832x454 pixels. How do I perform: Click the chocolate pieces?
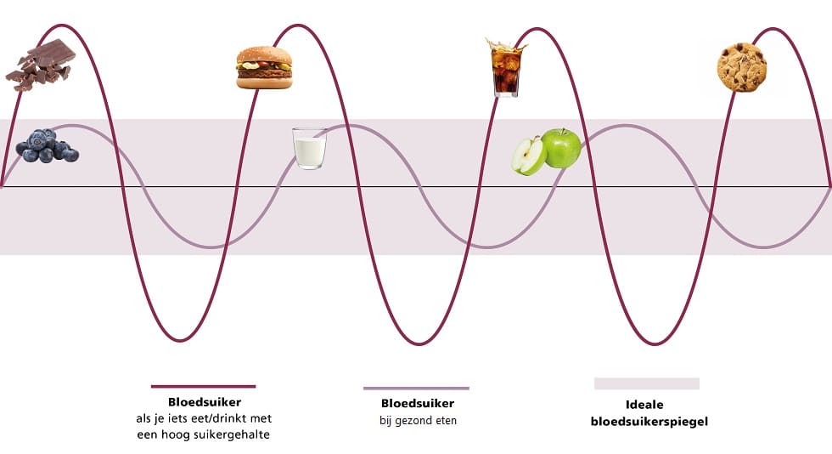pyautogui.click(x=41, y=65)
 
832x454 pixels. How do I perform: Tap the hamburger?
pyautogui.click(x=264, y=67)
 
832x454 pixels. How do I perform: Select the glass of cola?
pyautogui.click(x=506, y=68)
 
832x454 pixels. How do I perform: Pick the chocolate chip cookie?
pyautogui.click(x=742, y=67)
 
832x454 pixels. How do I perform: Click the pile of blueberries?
pyautogui.click(x=47, y=145)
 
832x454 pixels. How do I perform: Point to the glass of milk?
pyautogui.click(x=310, y=148)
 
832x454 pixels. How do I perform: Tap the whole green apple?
pyautogui.click(x=561, y=148)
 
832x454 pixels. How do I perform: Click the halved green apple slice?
pyautogui.click(x=528, y=156)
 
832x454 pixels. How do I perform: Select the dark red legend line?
pyautogui.click(x=203, y=387)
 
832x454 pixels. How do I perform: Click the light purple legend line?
pyautogui.click(x=417, y=388)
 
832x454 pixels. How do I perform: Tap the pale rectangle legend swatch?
pyautogui.click(x=647, y=383)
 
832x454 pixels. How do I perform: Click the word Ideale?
pyautogui.click(x=644, y=405)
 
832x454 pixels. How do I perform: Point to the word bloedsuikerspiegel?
pyautogui.click(x=649, y=422)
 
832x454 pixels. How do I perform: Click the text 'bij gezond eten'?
pyautogui.click(x=418, y=421)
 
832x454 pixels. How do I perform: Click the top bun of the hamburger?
pyautogui.click(x=264, y=55)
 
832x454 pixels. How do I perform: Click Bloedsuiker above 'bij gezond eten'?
pyautogui.click(x=418, y=404)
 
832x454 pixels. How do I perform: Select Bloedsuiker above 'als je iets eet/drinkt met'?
pyautogui.click(x=205, y=402)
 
